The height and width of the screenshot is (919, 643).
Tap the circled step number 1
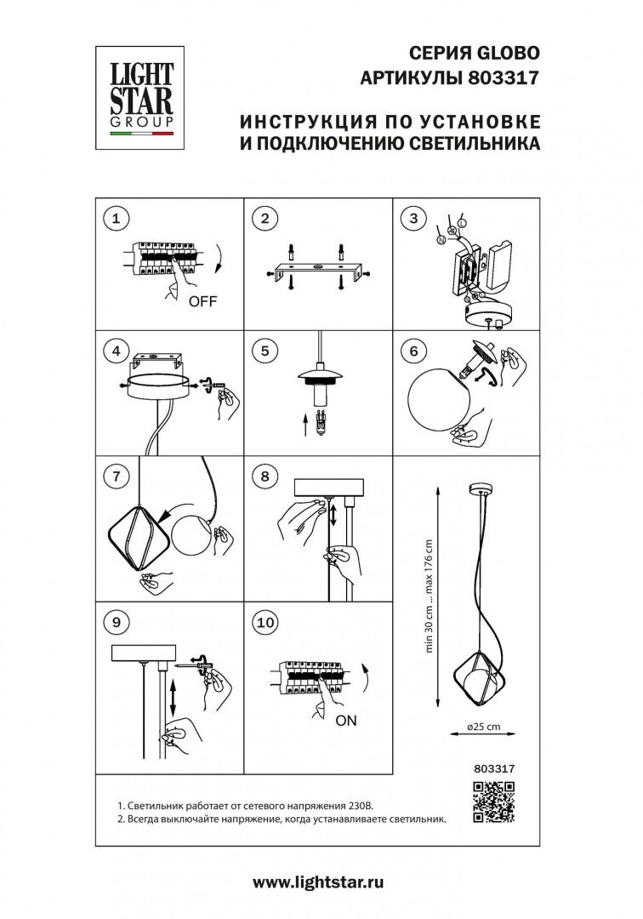[116, 219]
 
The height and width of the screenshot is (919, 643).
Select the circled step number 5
[265, 349]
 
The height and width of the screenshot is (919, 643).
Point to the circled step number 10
[265, 622]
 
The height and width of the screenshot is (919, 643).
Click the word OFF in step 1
[203, 300]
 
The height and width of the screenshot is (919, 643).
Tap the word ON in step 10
[346, 720]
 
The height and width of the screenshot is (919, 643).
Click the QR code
[494, 802]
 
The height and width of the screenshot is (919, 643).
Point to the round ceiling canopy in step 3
[487, 316]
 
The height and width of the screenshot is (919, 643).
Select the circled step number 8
[265, 477]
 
